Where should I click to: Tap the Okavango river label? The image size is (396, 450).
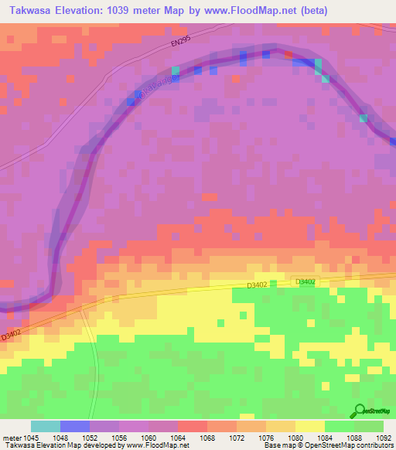coord(158,87)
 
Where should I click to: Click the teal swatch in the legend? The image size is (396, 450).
coord(46,426)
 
